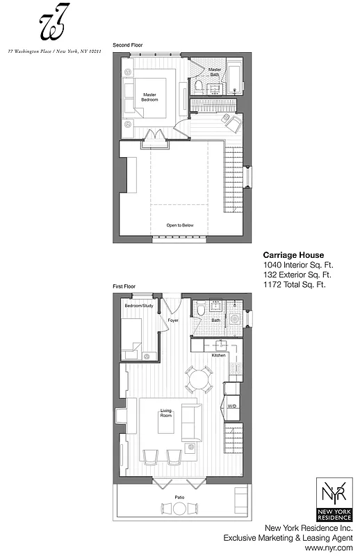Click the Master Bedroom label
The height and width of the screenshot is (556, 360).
150,97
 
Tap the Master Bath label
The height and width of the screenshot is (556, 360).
215,72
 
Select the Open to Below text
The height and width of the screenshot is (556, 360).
179,225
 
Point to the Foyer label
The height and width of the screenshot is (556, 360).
173,320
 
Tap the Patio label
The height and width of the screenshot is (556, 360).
179,497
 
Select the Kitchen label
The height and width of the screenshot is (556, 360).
219,356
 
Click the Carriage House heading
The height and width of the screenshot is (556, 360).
293,255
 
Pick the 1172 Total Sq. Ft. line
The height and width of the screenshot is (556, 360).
295,284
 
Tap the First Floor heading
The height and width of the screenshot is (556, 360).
124,286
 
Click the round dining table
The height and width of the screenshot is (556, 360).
199,379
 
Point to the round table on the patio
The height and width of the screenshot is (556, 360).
179,509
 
